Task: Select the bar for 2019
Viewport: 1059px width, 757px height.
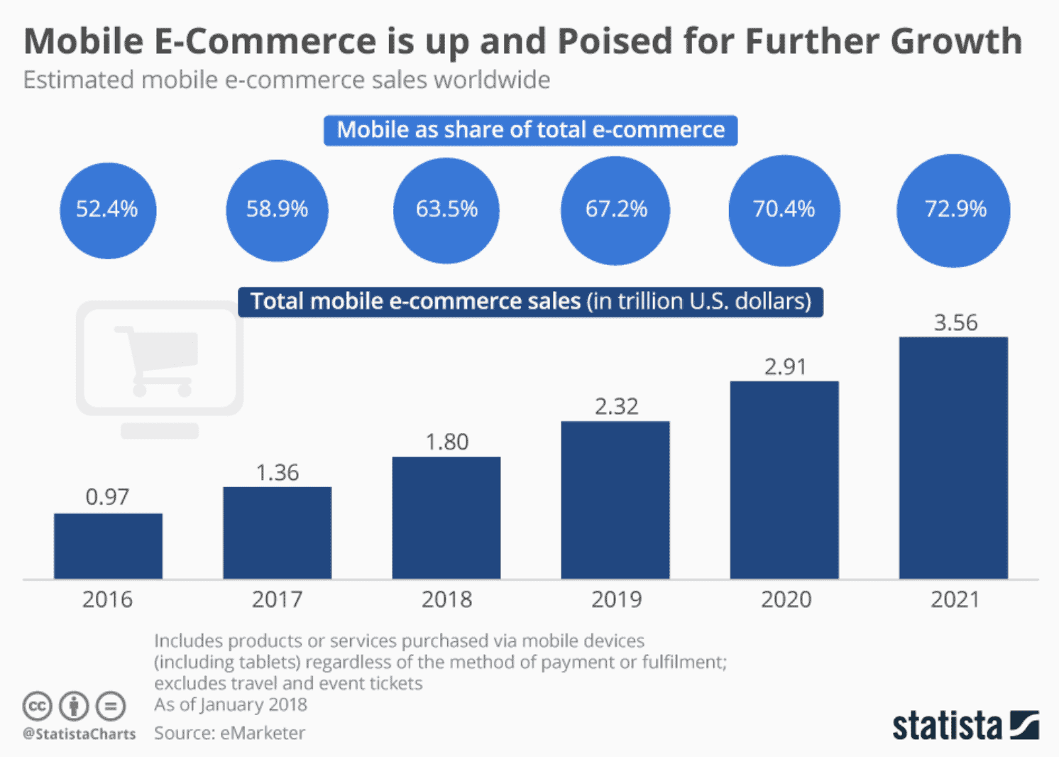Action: click(615, 500)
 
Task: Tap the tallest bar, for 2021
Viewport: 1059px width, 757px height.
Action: click(953, 457)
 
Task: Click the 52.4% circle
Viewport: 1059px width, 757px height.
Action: click(107, 209)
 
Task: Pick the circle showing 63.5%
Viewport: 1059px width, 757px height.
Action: click(446, 209)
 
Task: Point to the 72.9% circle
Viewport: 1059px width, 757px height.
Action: click(953, 209)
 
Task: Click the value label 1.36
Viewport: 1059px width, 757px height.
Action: click(278, 472)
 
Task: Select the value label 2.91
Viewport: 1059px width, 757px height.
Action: click(785, 366)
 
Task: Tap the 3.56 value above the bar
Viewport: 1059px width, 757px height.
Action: click(955, 322)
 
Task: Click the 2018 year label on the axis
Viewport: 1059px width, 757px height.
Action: click(446, 599)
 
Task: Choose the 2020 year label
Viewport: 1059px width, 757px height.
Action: click(786, 599)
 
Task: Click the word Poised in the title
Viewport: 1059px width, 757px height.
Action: click(615, 41)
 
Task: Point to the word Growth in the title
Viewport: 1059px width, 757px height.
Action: click(956, 41)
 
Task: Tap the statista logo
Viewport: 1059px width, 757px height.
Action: click(965, 725)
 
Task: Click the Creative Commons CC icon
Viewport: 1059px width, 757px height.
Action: click(37, 706)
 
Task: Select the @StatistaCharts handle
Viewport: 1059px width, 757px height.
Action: click(79, 734)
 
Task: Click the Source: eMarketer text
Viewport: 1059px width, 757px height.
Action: click(229, 733)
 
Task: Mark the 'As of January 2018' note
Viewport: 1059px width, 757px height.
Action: click(231, 704)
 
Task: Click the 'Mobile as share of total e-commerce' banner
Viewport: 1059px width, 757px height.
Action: click(530, 131)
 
